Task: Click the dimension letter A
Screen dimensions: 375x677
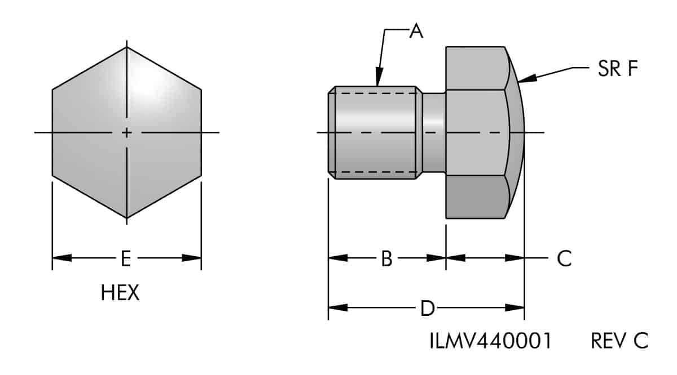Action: point(416,32)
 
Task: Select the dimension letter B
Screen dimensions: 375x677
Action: point(386,258)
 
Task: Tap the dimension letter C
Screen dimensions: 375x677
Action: point(564,258)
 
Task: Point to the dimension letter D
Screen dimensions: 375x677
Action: point(427,308)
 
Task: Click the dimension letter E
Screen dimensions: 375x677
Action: point(126,258)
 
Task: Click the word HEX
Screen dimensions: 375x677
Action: point(120,293)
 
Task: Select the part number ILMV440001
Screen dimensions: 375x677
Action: point(490,341)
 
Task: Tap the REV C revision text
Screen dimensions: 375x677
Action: point(619,341)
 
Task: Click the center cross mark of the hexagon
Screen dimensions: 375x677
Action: point(127,133)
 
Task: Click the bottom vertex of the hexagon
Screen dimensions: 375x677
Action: point(127,218)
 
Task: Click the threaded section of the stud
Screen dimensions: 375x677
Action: point(375,132)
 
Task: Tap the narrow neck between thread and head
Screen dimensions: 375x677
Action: point(434,132)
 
